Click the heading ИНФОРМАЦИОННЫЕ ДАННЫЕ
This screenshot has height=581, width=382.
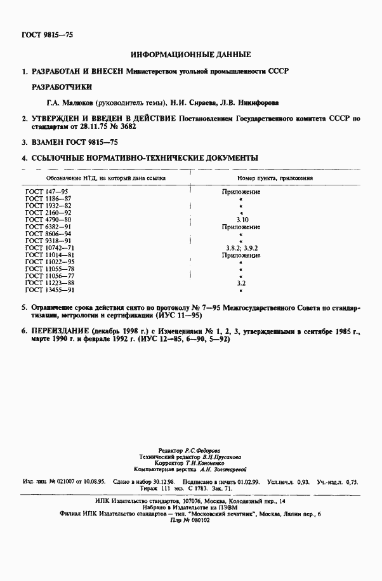(190, 55)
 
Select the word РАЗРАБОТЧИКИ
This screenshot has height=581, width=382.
(62, 86)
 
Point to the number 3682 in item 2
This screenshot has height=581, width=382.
(127, 127)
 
